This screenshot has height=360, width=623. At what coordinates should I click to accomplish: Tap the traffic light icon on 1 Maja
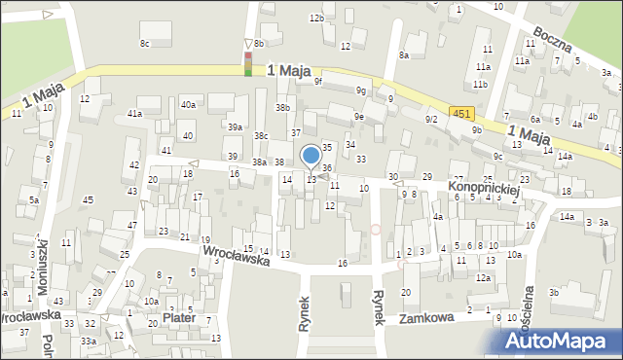pos(248,64)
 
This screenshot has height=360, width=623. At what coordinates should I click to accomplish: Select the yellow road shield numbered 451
pos(461,114)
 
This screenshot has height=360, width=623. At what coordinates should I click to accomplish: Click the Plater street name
pos(179,318)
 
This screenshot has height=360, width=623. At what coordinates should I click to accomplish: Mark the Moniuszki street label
pos(43,276)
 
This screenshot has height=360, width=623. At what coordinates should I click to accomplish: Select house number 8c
pos(145,43)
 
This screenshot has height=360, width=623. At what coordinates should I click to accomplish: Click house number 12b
pos(315,18)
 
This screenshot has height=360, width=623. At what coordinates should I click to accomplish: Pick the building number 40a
pos(188,104)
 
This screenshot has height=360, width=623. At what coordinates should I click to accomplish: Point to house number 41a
pos(134,114)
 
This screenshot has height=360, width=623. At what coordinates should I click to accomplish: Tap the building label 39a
pos(235,127)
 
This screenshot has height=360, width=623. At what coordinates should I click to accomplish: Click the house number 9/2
pos(431,119)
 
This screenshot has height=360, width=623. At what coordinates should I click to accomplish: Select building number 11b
pos(480,84)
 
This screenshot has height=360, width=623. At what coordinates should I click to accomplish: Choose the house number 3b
pos(553,292)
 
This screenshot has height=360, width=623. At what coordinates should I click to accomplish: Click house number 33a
pos(88,342)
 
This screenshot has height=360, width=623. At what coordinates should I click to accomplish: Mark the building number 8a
pos(403,55)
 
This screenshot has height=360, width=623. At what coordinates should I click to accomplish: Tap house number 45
pos(89,199)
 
